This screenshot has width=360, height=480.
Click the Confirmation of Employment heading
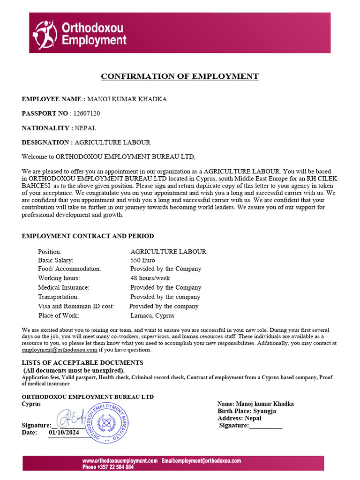point(180,76)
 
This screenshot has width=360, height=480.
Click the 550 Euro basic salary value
point(142,260)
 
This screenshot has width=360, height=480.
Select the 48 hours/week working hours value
point(150,278)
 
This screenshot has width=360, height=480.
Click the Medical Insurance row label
point(63,287)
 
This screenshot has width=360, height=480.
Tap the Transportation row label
point(58,297)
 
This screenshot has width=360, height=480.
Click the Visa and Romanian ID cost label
point(76,306)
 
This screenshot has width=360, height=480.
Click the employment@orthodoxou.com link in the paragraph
point(60,350)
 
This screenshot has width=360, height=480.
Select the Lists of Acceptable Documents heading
point(82,362)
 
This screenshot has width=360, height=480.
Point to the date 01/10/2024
point(65,433)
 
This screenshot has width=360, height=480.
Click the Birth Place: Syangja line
point(247,411)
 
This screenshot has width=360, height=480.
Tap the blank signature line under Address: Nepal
point(265,426)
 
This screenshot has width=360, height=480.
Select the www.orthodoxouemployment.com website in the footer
point(120,461)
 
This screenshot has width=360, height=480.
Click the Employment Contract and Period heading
point(88,236)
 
